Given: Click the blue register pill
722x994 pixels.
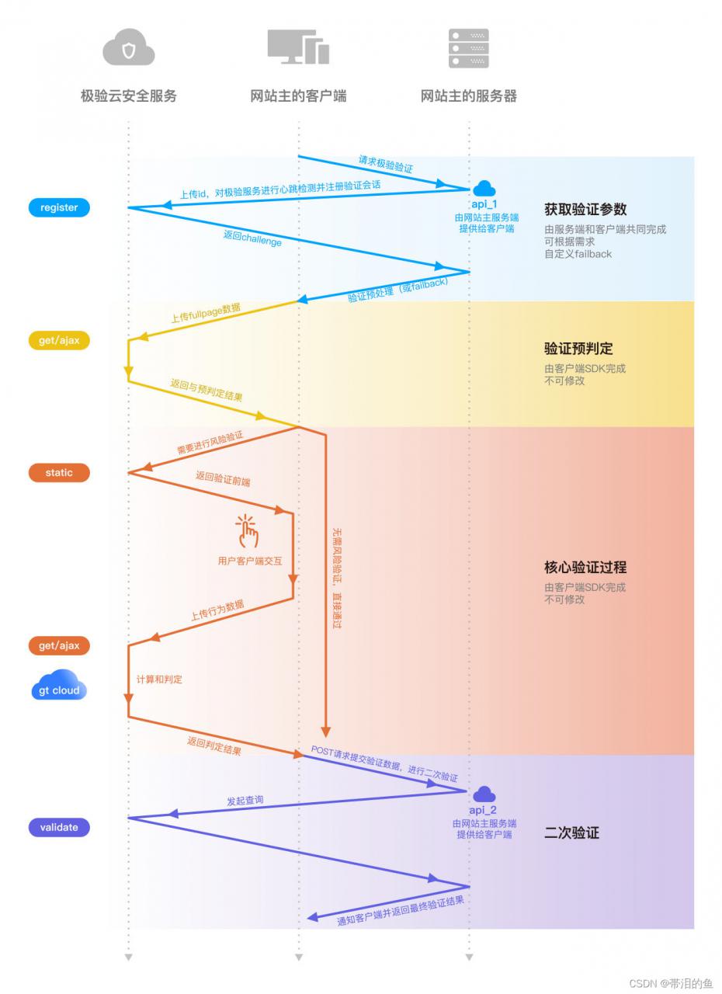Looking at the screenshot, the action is [59, 207].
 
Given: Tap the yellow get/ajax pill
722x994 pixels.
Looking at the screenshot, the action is [59, 340].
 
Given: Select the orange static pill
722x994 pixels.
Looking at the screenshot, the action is [59, 473].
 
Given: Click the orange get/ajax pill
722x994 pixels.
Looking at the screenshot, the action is [59, 645].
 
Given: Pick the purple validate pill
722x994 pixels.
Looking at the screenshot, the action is [59, 827].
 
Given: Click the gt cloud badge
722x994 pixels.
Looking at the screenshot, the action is [59, 685].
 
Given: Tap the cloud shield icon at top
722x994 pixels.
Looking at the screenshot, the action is [129, 47].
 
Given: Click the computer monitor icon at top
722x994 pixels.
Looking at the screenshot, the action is [298, 47].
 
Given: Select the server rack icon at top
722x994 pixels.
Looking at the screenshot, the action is [468, 48].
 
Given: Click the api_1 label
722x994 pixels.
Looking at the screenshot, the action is [484, 204].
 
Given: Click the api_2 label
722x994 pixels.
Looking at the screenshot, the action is [483, 810].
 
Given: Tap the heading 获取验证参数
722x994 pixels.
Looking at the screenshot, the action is [585, 209].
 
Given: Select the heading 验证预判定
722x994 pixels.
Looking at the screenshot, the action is [578, 349].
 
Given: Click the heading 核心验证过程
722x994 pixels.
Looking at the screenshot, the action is [585, 567].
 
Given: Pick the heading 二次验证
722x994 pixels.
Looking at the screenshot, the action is [571, 832].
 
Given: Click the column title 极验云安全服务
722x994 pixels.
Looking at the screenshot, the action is [129, 96].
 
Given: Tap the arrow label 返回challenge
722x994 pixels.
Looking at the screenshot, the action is [252, 238].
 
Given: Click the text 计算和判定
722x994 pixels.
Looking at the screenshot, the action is [159, 679].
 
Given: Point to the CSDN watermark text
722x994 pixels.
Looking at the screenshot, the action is [671, 983].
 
